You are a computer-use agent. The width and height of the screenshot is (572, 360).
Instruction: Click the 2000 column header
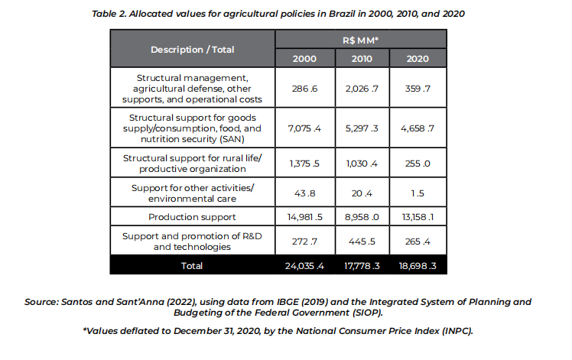click(304, 58)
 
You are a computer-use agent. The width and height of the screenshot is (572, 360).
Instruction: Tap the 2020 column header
click(418, 58)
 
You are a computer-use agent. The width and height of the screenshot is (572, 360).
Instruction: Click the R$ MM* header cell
click(361, 40)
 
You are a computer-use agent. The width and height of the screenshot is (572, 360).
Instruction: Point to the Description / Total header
click(192, 49)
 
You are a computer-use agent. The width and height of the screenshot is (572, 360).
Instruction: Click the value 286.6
click(304, 89)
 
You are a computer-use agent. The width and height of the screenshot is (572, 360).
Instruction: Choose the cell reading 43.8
click(304, 193)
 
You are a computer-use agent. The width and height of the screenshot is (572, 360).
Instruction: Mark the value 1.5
click(418, 193)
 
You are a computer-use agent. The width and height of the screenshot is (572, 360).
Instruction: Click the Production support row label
click(192, 216)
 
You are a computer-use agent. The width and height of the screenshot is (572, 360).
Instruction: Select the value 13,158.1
click(418, 216)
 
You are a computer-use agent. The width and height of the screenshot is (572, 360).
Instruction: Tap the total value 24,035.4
click(304, 265)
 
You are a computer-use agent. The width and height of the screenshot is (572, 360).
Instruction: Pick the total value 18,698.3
click(418, 265)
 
